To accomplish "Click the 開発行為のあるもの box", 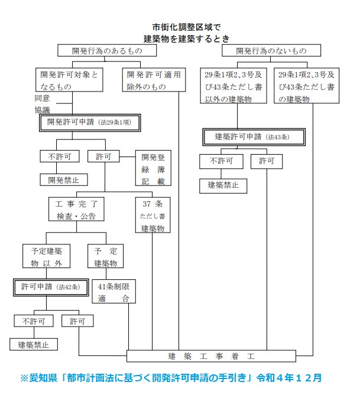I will (107, 51).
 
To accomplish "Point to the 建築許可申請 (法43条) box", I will (254, 137).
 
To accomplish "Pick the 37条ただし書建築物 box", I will (153, 215).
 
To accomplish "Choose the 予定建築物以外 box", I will (47, 256).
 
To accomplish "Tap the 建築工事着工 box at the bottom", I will (211, 356).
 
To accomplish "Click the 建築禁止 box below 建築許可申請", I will (222, 185).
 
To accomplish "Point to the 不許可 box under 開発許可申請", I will (56, 157).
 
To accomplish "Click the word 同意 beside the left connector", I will (43, 99).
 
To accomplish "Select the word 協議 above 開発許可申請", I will (43, 109).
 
